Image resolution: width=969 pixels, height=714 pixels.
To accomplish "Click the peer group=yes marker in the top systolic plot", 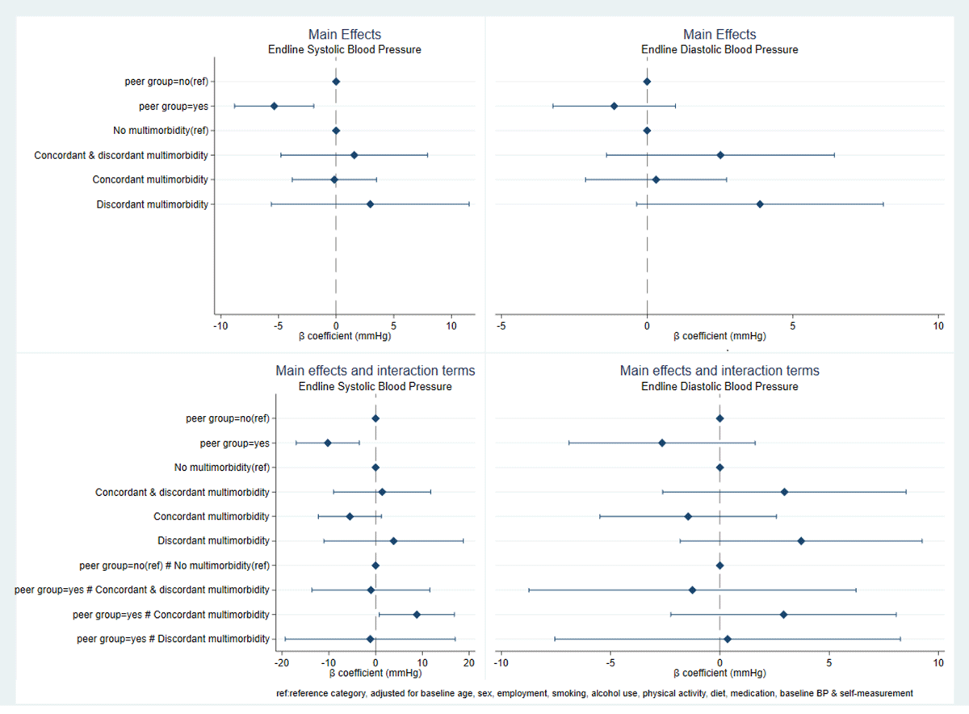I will pos(274,106).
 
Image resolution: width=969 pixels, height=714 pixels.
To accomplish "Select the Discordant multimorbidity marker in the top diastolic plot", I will pos(760,204).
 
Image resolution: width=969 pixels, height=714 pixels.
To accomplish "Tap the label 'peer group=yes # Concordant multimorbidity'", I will pos(171,615).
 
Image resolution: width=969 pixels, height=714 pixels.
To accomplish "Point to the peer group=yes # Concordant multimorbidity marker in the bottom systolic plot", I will pos(417,615).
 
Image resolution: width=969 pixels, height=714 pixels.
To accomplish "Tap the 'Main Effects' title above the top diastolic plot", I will pos(719,34).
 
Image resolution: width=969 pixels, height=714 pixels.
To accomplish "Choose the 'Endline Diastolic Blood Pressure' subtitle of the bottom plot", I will pos(719,387).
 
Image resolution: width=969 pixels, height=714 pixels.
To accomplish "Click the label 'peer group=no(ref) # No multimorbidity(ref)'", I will pos(174,565).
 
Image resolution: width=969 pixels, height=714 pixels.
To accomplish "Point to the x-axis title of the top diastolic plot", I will pos(719,336).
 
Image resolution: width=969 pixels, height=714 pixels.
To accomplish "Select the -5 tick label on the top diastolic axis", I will pos(501,326).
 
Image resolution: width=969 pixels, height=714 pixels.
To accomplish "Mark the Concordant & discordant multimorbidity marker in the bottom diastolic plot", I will pos(784,492).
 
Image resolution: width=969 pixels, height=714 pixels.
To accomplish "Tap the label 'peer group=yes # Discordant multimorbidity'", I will pos(173,639).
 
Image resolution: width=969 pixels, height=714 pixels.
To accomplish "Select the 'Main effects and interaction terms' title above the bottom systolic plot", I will pos(375,371).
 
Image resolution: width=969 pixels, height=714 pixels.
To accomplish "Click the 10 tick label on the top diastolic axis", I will pos(938,326).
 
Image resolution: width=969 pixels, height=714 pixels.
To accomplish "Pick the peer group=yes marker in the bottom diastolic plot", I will pos(662,443).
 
